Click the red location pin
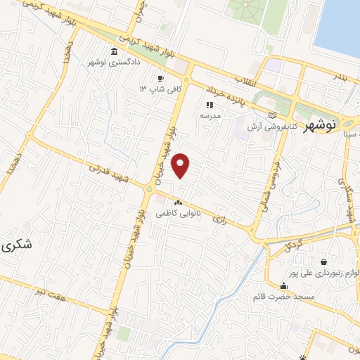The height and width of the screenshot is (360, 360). (x=181, y=165)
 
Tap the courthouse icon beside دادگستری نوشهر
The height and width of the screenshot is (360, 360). (x=115, y=51)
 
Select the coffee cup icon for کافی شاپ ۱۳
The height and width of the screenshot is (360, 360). (x=160, y=78)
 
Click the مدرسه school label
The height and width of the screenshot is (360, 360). (x=210, y=114)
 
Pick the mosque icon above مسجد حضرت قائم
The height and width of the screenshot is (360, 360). (x=283, y=286)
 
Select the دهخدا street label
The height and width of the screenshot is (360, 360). (x=9, y=162)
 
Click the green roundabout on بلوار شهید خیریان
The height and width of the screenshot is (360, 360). (x=149, y=189)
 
